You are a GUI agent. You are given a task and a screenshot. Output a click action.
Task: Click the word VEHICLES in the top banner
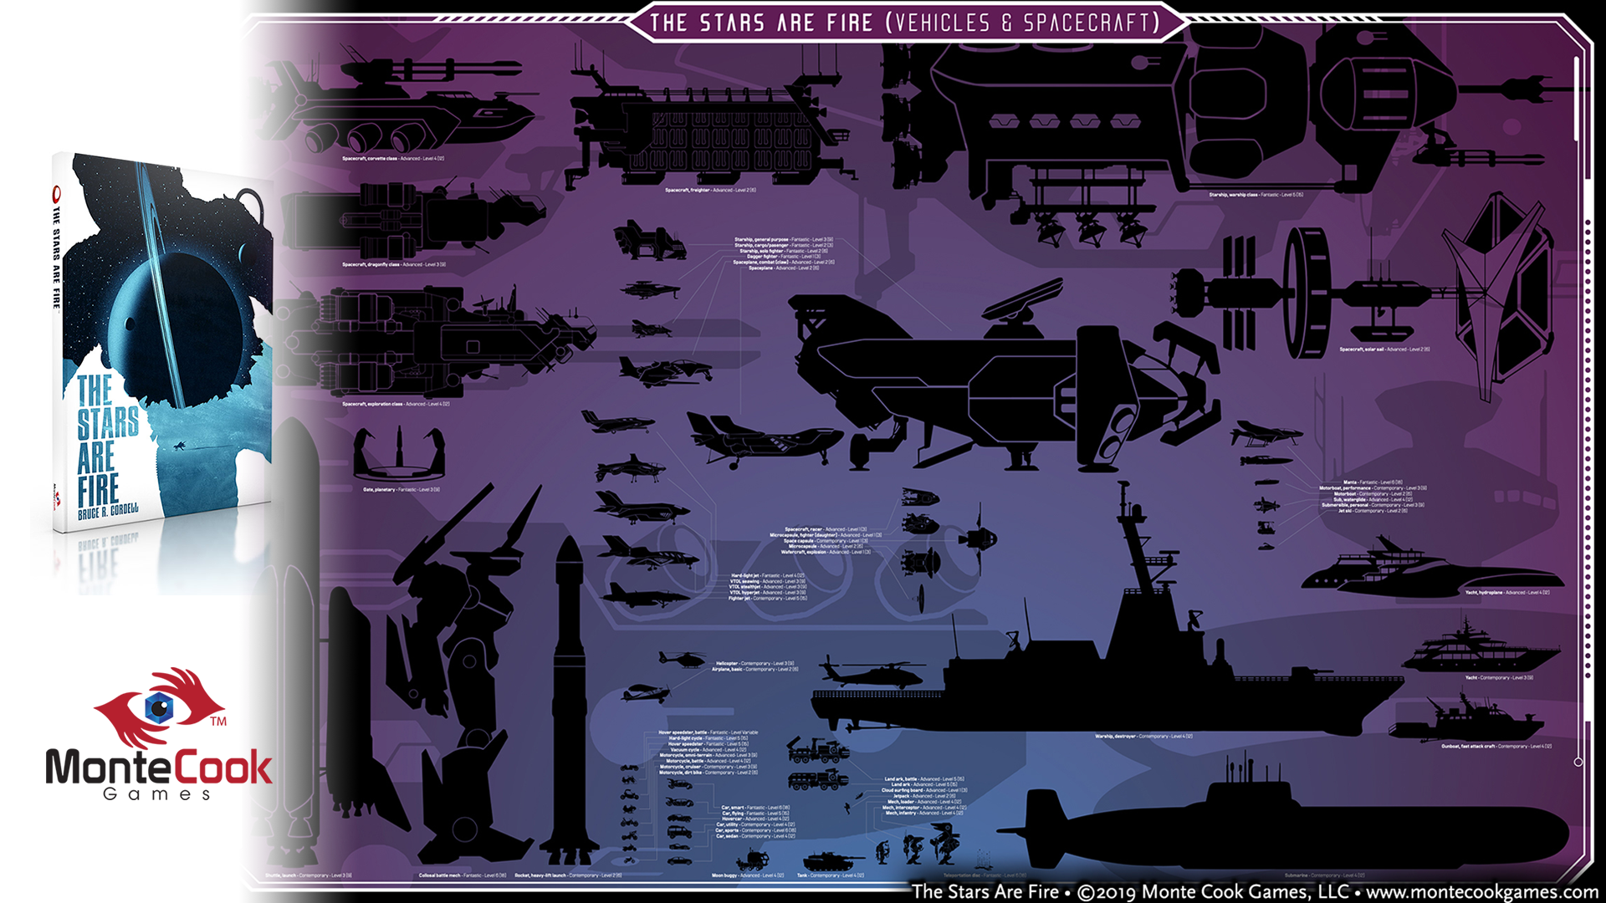(x=942, y=23)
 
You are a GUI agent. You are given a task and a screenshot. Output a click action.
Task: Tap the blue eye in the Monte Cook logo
(x=159, y=707)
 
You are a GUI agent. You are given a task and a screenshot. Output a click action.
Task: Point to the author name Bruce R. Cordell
(x=108, y=511)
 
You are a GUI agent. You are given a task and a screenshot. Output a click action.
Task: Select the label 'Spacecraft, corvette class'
(x=392, y=158)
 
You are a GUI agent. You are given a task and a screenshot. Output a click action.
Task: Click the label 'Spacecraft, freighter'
(x=710, y=191)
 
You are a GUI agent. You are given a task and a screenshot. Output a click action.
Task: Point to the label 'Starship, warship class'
(x=1255, y=195)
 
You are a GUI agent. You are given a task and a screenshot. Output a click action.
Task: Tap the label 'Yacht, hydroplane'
(x=1506, y=592)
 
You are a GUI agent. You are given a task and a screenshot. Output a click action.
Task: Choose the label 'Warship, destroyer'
(x=1143, y=737)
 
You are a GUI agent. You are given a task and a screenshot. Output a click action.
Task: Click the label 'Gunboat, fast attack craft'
(x=1496, y=746)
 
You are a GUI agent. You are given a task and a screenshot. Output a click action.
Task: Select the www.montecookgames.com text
(x=1481, y=892)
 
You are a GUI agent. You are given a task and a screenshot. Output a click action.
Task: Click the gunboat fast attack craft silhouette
(x=1464, y=723)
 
